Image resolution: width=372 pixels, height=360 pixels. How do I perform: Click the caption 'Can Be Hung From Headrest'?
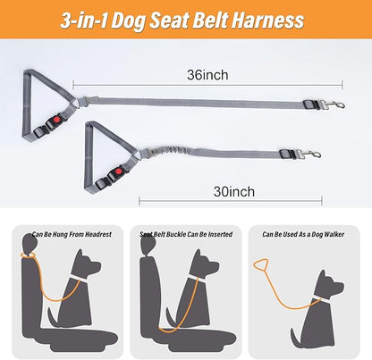71,234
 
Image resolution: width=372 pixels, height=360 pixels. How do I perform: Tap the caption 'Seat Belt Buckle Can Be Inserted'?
186,234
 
